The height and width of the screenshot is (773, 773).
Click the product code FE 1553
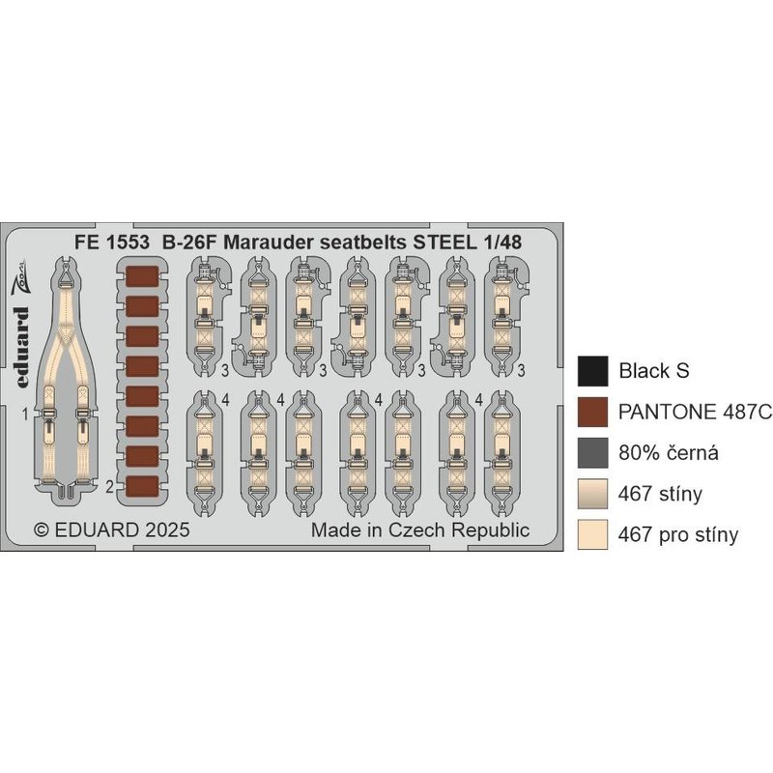112,243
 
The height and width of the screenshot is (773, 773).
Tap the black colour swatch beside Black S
592,371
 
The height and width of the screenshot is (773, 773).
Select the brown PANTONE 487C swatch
592,412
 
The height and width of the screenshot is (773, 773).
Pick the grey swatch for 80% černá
592,452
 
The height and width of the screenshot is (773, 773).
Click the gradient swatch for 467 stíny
592,494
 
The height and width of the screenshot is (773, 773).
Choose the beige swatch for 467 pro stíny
592,534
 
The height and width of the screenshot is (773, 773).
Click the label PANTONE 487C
695,412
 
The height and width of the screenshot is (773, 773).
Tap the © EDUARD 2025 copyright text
111,530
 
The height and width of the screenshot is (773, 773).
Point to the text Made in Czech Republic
420,530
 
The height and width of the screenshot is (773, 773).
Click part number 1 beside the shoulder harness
25,415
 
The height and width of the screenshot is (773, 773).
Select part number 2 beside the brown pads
110,487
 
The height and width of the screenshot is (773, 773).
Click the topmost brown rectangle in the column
142,276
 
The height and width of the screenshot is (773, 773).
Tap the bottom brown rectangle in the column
142,486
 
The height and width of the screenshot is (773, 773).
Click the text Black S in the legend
654,371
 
